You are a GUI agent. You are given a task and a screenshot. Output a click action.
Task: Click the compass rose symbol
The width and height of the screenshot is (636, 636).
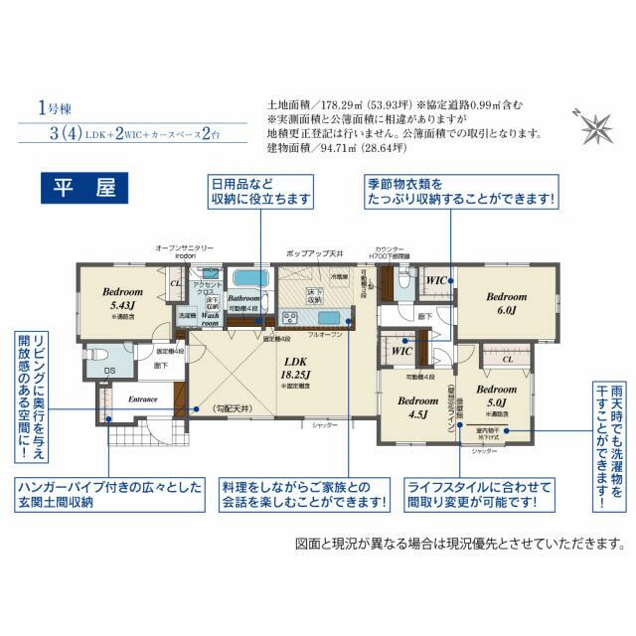pos(597,126)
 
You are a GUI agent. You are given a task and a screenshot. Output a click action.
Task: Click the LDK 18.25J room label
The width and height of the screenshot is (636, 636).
pos(296,368)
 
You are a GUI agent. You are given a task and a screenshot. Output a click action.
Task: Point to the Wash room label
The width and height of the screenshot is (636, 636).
pos(212,319)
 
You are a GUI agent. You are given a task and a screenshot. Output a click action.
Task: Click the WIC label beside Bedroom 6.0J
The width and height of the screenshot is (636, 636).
pos(435,281)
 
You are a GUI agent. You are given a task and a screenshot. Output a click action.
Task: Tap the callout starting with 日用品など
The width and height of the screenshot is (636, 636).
pos(259,192)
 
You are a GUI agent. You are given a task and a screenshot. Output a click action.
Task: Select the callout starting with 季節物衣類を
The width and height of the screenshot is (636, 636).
pos(460,192)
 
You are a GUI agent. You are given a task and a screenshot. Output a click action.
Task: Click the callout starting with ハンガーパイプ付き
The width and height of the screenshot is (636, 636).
pos(108,495)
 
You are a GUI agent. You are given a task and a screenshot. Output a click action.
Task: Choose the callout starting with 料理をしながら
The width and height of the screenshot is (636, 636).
pos(305,495)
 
